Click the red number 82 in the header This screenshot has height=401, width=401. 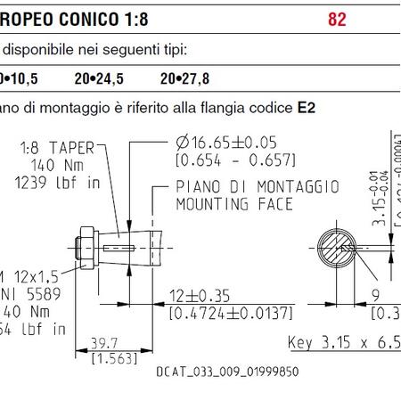(337, 19)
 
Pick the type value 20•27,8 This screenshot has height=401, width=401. (185, 78)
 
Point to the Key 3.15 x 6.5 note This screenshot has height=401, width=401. (344, 342)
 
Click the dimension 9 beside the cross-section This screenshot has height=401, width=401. (374, 295)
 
